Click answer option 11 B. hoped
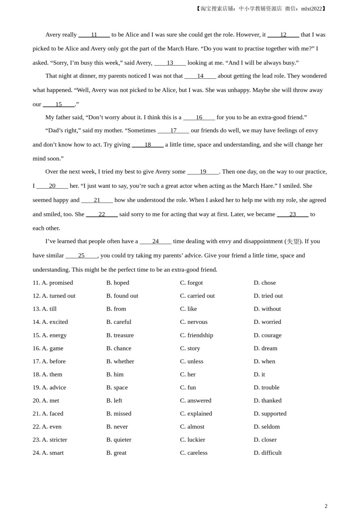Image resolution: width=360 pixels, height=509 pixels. pyautogui.click(x=117, y=283)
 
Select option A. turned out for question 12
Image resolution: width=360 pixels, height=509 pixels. pyautogui.click(x=58, y=296)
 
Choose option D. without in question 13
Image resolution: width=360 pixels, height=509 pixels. pyautogui.click(x=267, y=309)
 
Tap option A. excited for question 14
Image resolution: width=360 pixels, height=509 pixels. pyautogui.click(x=55, y=322)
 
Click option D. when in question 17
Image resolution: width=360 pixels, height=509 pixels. pyautogui.click(x=265, y=361)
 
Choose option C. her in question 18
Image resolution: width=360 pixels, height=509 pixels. pyautogui.click(x=188, y=375)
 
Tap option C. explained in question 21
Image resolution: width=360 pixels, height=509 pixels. pyautogui.click(x=196, y=414)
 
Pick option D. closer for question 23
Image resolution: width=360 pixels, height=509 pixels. pyautogui.click(x=265, y=440)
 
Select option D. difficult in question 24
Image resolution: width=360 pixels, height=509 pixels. pyautogui.click(x=268, y=453)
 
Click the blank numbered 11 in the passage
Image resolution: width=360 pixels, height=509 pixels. pyautogui.click(x=94, y=35)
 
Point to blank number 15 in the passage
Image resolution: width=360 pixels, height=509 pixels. pyautogui.click(x=59, y=105)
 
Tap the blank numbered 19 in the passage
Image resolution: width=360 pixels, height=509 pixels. pyautogui.click(x=203, y=172)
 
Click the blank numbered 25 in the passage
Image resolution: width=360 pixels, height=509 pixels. pyautogui.click(x=81, y=256)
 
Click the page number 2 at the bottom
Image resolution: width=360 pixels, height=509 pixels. pyautogui.click(x=326, y=506)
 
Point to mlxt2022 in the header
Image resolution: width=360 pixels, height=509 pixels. pyautogui.click(x=311, y=9)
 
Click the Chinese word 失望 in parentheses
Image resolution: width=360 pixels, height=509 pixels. pyautogui.click(x=293, y=242)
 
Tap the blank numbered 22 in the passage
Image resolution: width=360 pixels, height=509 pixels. pyautogui.click(x=102, y=214)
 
